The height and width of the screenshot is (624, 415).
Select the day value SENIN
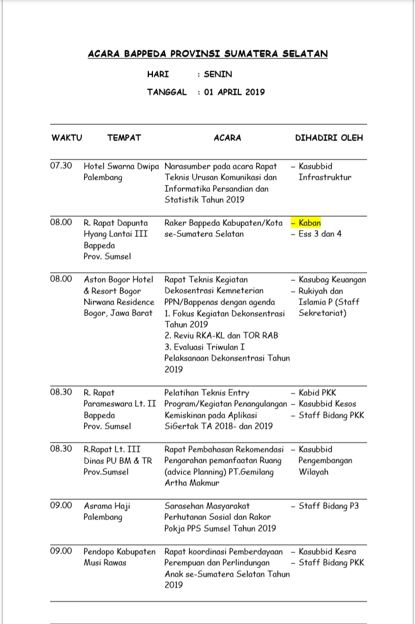218,75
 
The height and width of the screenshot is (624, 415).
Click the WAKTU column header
67,138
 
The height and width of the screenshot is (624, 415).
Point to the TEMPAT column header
124,138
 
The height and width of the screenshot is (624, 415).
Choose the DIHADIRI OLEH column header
329,138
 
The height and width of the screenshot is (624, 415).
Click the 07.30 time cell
61,166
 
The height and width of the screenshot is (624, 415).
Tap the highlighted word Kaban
309,222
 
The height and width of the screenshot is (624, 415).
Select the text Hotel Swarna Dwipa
121,166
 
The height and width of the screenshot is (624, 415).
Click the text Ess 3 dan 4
320,234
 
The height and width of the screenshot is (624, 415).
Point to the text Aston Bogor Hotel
119,279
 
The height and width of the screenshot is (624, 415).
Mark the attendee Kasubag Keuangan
332,279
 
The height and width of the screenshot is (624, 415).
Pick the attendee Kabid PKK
317,392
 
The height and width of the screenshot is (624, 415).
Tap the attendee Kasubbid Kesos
327,404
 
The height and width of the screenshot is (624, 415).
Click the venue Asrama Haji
107,506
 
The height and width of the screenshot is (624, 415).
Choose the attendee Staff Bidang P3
328,506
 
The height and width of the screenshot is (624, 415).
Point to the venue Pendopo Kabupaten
119,551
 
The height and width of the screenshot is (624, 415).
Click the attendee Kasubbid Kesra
327,551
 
